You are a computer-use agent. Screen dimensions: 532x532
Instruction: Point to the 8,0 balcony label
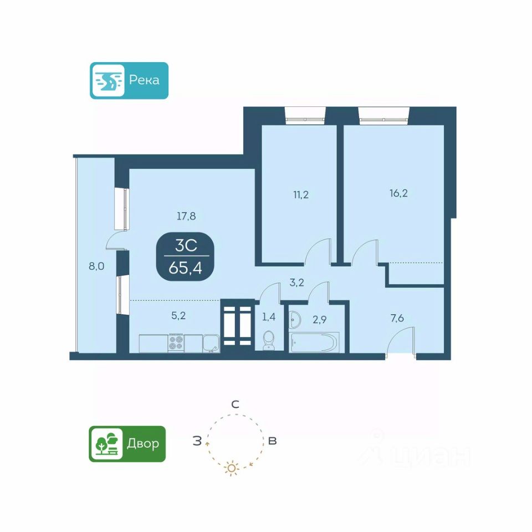pos(97,266)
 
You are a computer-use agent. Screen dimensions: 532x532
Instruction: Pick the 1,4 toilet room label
pos(269,318)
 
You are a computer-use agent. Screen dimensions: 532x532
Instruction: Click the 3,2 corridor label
pos(297,283)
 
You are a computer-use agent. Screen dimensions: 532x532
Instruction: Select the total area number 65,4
pos(186,268)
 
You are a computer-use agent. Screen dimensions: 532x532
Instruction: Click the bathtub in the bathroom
pos(314,341)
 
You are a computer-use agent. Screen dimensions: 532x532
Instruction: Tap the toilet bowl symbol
pos(269,339)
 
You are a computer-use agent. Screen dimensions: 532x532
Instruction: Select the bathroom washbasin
pos(295,319)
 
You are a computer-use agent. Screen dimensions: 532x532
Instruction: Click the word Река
pos(144,80)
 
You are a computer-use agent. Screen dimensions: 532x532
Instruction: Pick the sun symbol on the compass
pos(232,469)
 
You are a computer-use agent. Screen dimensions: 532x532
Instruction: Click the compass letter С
pos(235,405)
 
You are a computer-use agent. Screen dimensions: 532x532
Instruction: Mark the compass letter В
pos(272,441)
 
